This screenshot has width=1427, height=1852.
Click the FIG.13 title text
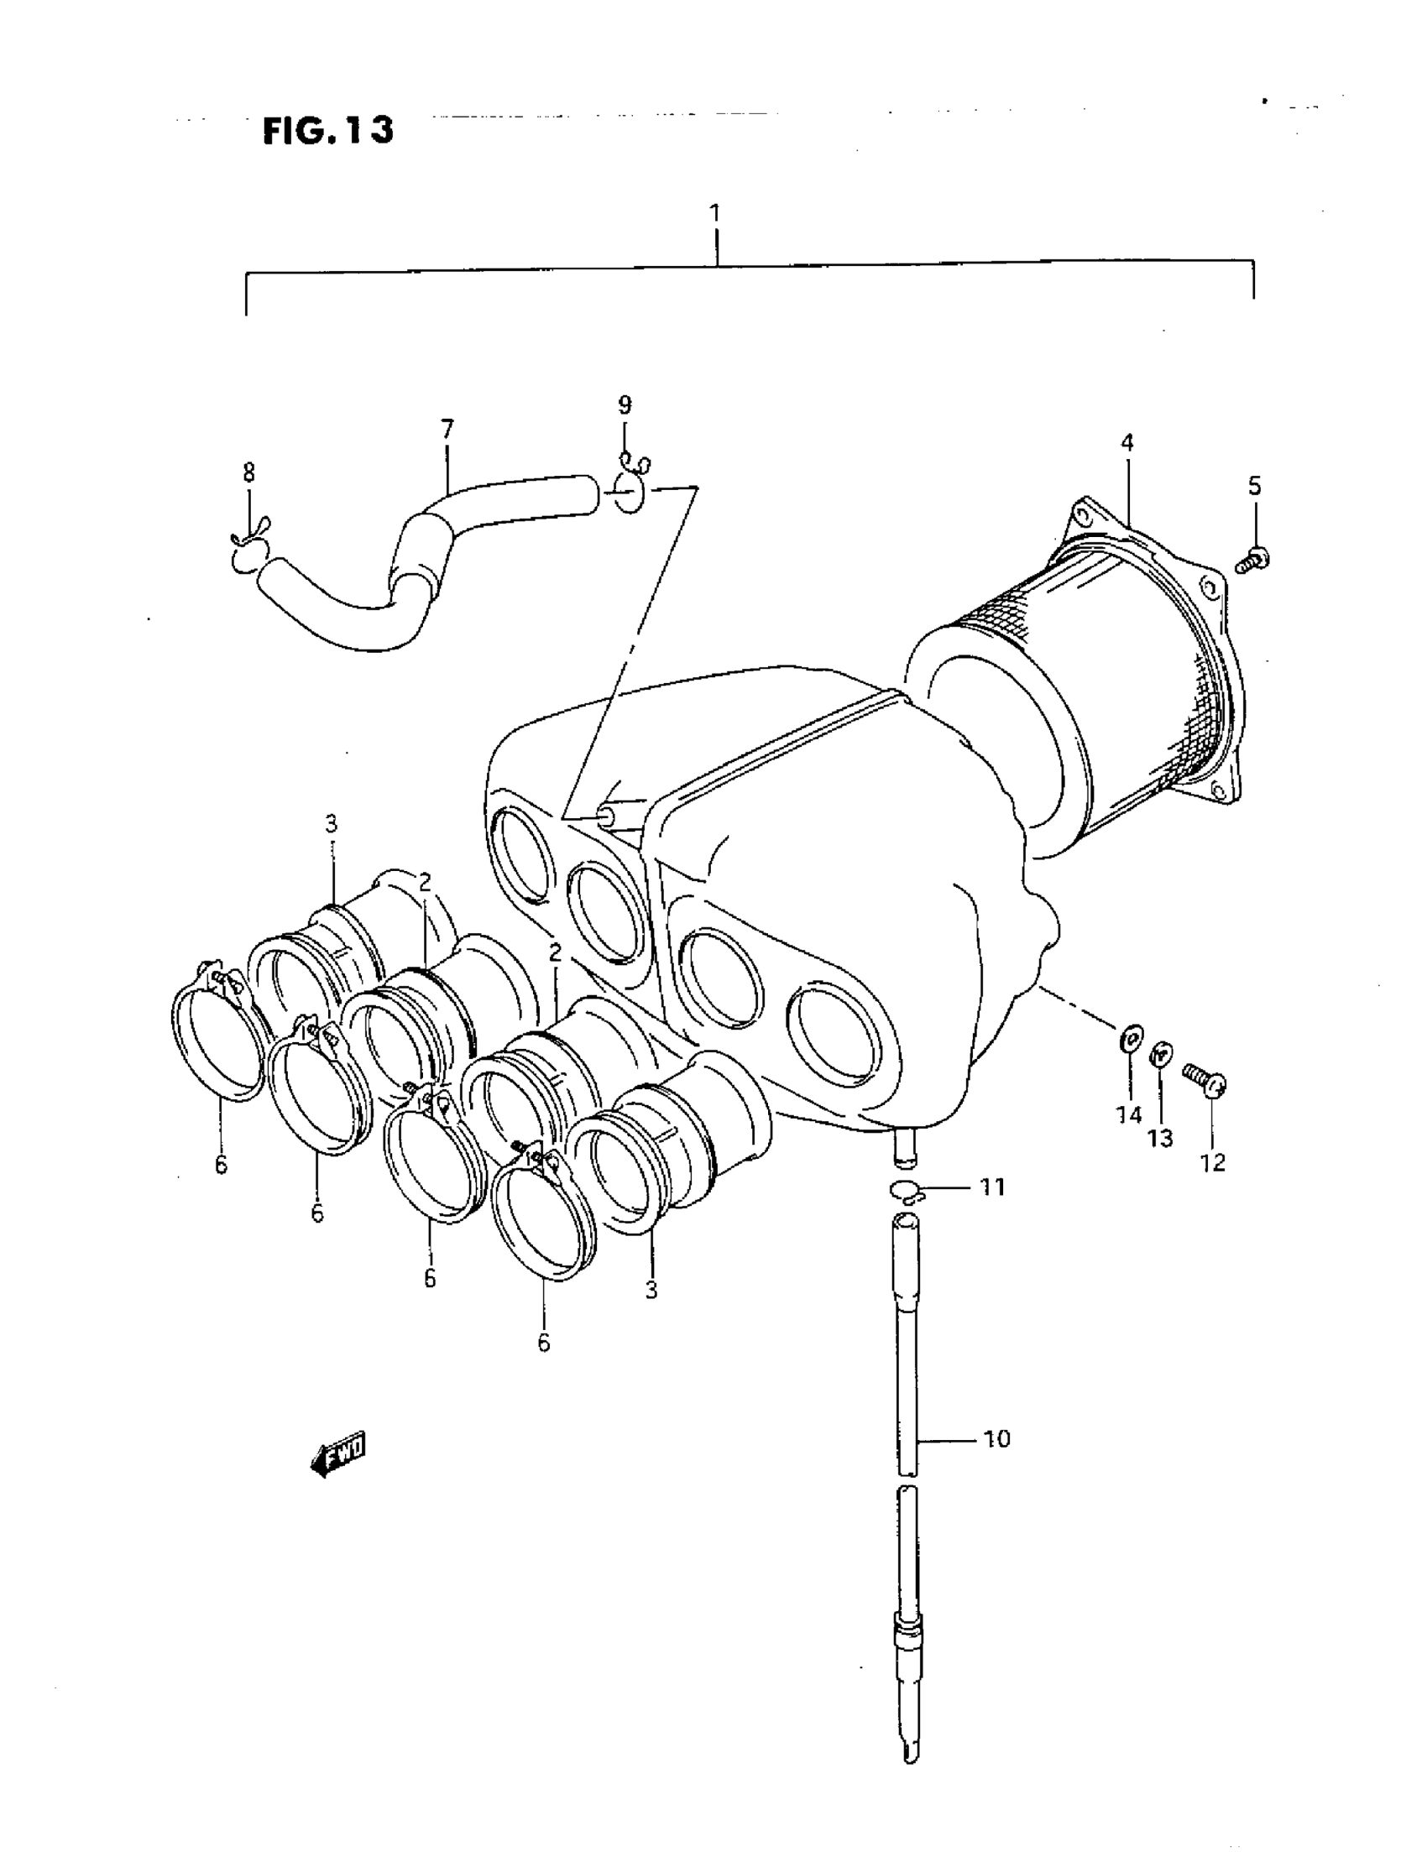click(327, 131)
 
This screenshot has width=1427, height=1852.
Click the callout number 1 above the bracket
click(715, 212)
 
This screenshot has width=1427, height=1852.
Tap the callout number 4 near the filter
click(1126, 442)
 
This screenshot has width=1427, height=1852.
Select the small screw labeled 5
click(1249, 561)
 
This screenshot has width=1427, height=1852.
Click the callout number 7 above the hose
click(447, 429)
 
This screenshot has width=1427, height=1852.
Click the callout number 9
click(625, 404)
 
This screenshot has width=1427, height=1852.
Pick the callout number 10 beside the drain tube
click(997, 1439)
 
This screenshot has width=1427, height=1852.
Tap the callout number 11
click(993, 1187)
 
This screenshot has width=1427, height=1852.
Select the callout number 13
click(1160, 1138)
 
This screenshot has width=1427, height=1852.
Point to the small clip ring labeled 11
click(907, 1192)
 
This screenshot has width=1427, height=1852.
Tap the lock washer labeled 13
click(1161, 1056)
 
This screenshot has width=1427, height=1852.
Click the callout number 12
click(1213, 1162)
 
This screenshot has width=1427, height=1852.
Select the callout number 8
click(248, 472)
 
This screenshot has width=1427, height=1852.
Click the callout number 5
click(1254, 486)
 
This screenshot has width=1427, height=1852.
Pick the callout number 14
click(1129, 1114)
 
